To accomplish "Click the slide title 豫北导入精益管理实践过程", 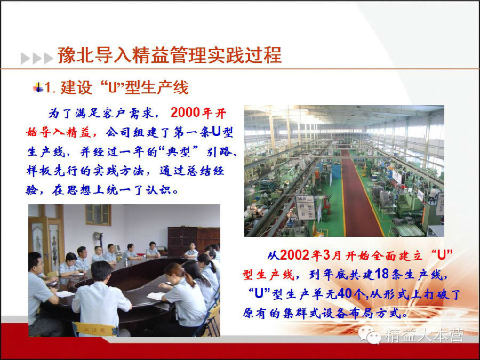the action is click(170, 55).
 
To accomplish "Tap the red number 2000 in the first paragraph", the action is click(185, 113).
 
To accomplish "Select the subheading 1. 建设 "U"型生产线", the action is click(116, 87).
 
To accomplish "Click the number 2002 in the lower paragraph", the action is click(294, 255).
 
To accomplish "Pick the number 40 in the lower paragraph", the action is click(345, 293).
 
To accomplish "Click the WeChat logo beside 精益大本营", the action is click(370, 335).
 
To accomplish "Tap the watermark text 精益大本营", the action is click(425, 335).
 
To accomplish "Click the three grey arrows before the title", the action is click(37, 58).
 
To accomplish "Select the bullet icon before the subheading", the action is click(38, 88).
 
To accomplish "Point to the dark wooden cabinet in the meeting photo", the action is click(194, 241).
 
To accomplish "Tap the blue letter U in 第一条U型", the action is click(216, 132).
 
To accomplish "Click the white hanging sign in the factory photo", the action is click(305, 207).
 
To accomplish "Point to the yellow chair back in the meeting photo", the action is click(95, 330).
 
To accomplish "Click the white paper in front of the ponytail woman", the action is click(157, 295).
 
